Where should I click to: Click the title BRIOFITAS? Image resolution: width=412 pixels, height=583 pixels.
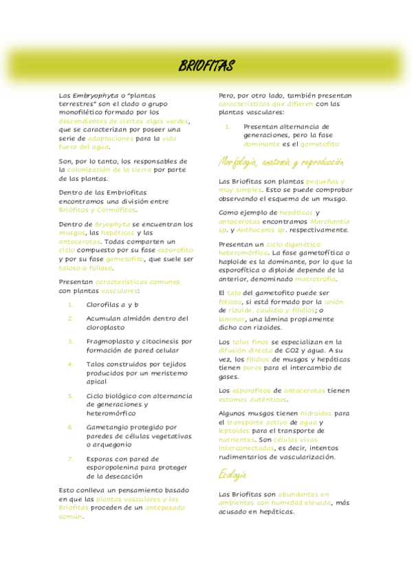pyautogui.click(x=206, y=66)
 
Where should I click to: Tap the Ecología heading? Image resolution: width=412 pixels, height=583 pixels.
pyautogui.click(x=232, y=474)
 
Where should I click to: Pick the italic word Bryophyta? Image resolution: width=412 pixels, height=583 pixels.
pyautogui.click(x=111, y=225)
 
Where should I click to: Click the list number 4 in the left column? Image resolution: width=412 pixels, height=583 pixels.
pyautogui.click(x=70, y=364)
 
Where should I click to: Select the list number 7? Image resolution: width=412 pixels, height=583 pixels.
pyautogui.click(x=70, y=459)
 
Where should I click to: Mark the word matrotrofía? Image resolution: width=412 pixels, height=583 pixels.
pyautogui.click(x=316, y=279)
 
